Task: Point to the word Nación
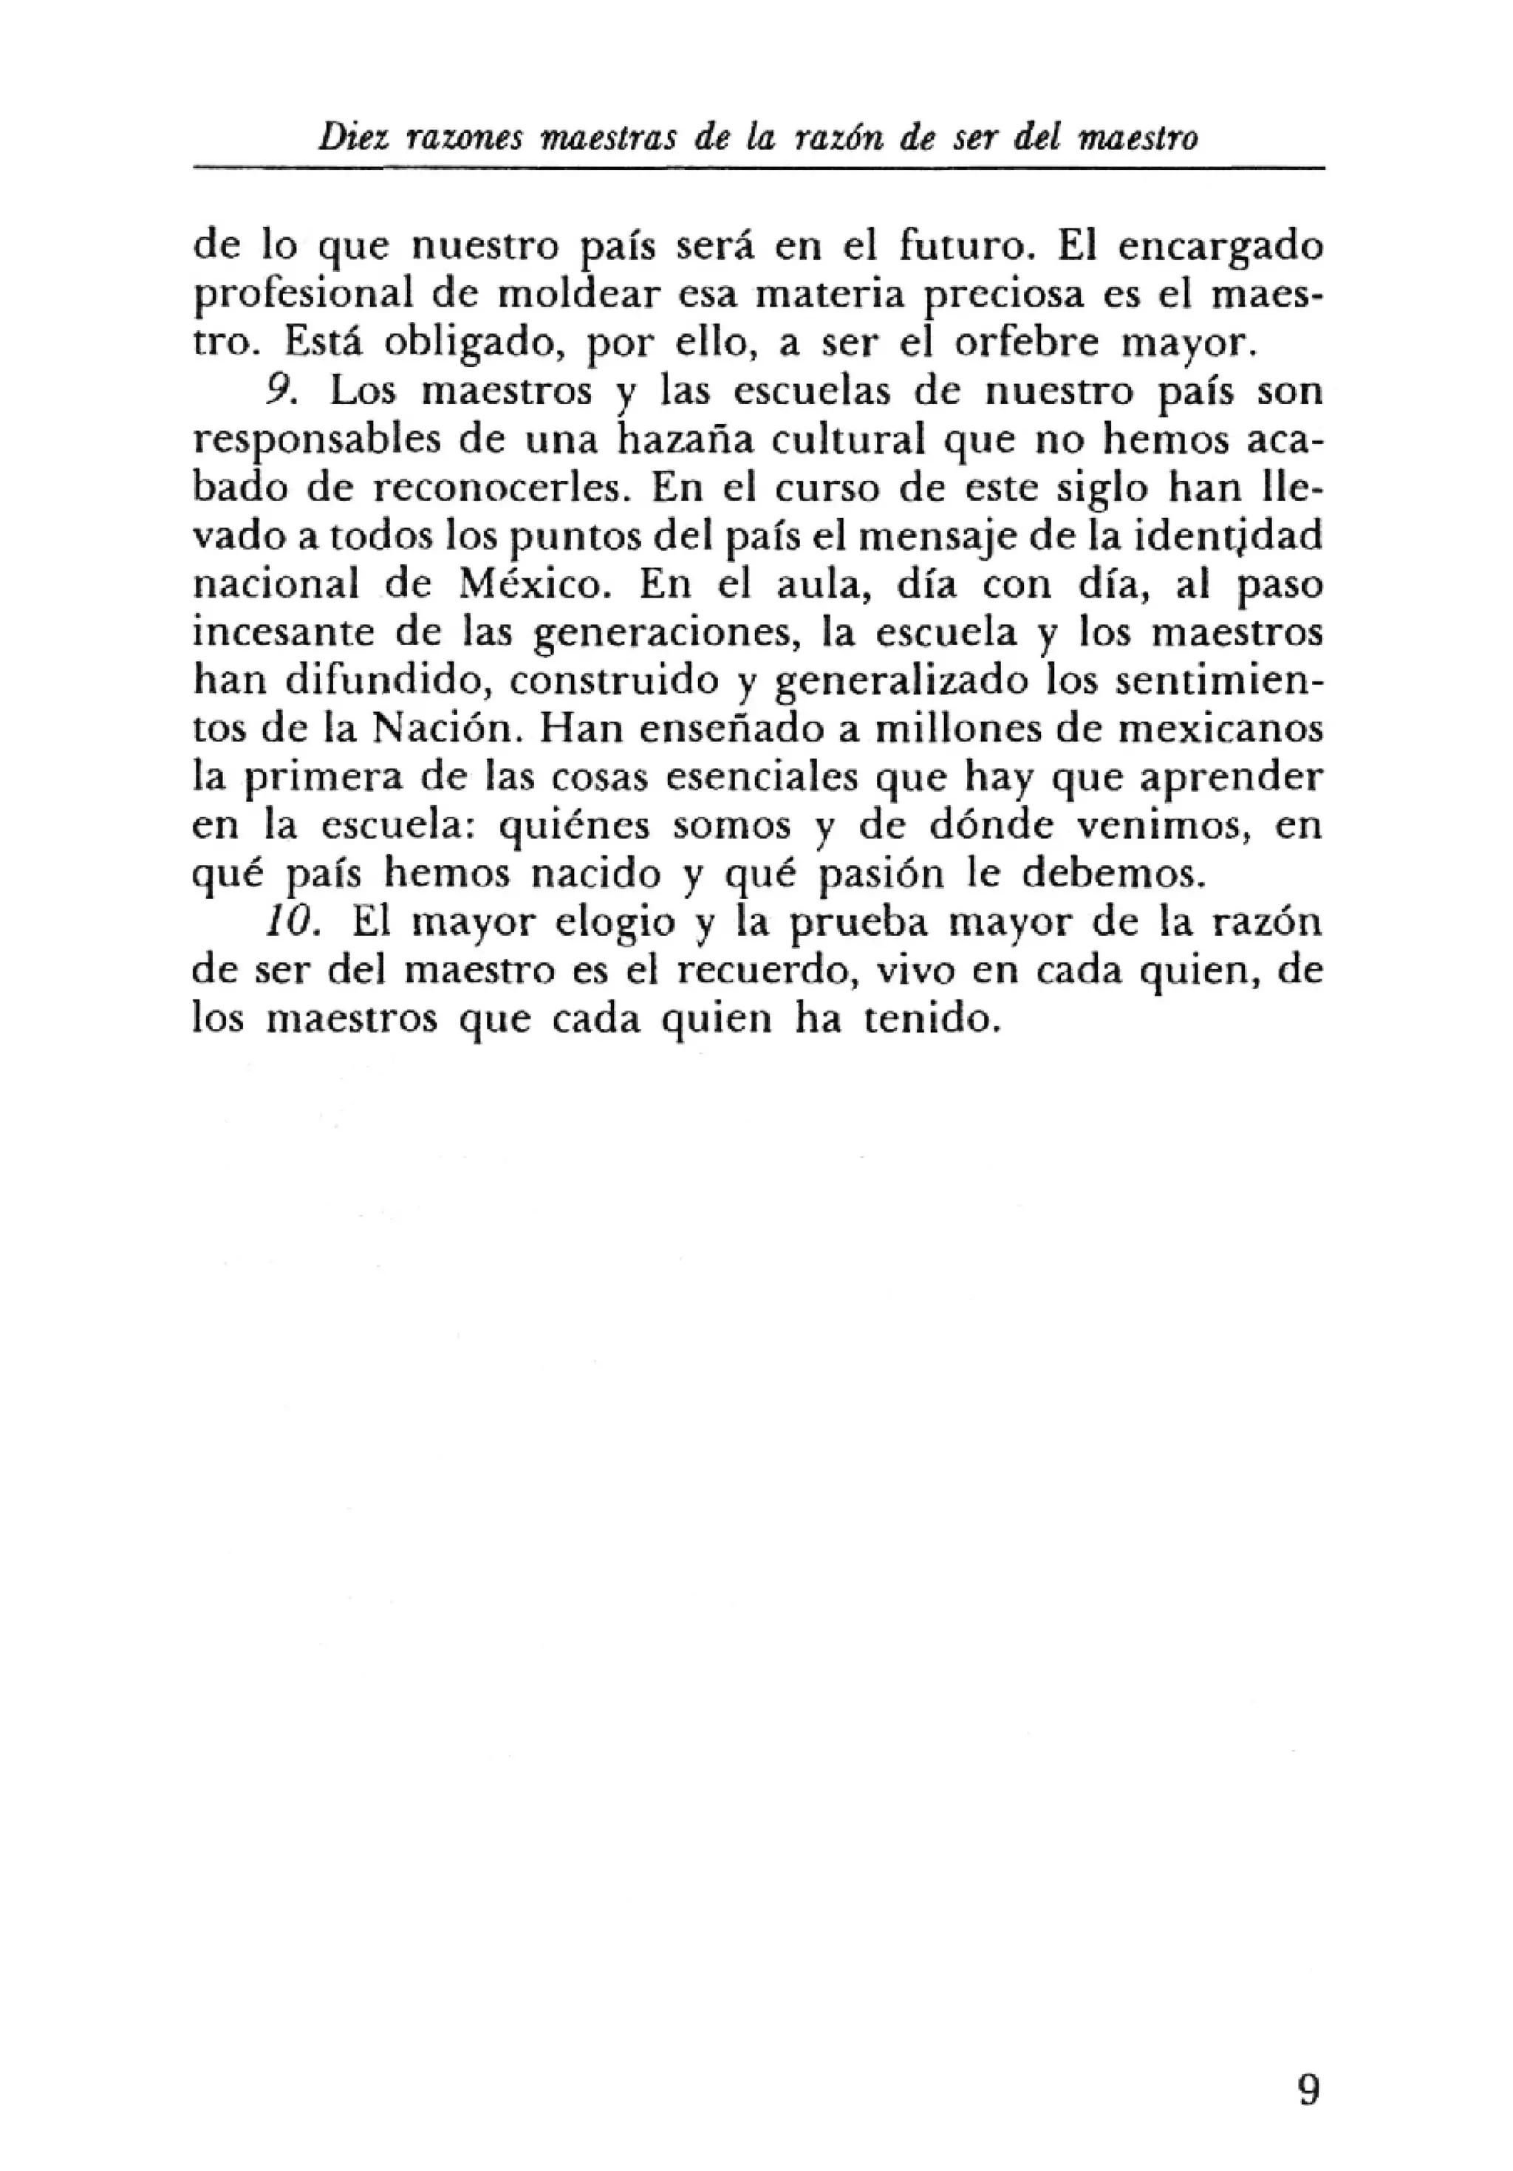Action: [445, 729]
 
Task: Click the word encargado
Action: [1220, 247]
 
